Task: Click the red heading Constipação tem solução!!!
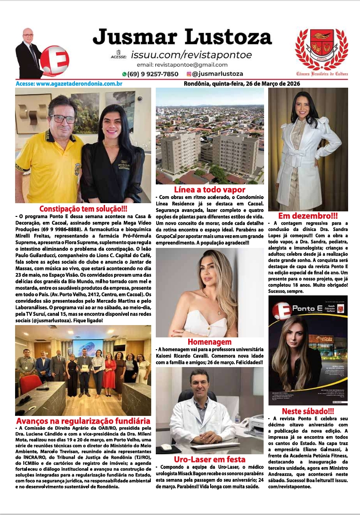[83, 209]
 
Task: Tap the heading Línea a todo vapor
[210, 189]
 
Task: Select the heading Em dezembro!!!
[308, 216]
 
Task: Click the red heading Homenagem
[210, 342]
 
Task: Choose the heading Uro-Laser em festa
[210, 459]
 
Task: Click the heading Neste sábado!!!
[308, 411]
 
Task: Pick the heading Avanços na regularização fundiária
[83, 420]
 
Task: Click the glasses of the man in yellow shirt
[63, 119]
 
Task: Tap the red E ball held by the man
[54, 59]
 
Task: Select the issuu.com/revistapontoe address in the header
[191, 55]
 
